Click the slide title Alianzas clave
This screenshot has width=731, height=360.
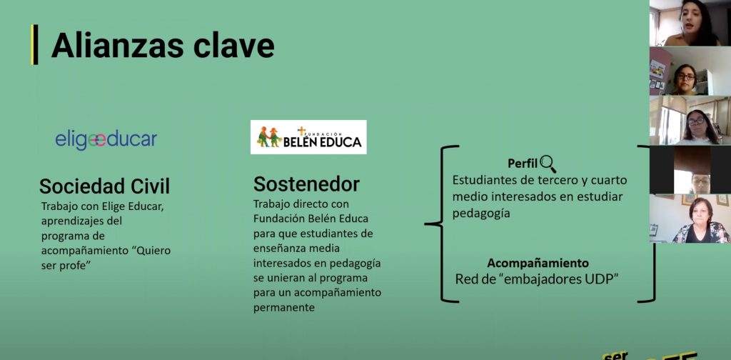point(163,45)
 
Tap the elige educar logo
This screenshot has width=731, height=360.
point(106,140)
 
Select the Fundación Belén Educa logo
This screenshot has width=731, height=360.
point(308,137)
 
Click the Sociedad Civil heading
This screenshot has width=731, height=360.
point(104,186)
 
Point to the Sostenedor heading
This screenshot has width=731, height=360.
point(306,184)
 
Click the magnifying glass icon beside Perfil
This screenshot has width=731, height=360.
point(548,164)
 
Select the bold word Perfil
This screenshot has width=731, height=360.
point(523,164)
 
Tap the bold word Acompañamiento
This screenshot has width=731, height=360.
point(538,263)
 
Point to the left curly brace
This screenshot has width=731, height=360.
point(441,224)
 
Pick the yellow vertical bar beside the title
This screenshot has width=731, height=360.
point(34,45)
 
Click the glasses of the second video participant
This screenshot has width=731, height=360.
point(686,76)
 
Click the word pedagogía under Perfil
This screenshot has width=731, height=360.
point(481,214)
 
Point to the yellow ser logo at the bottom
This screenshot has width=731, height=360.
point(615,355)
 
